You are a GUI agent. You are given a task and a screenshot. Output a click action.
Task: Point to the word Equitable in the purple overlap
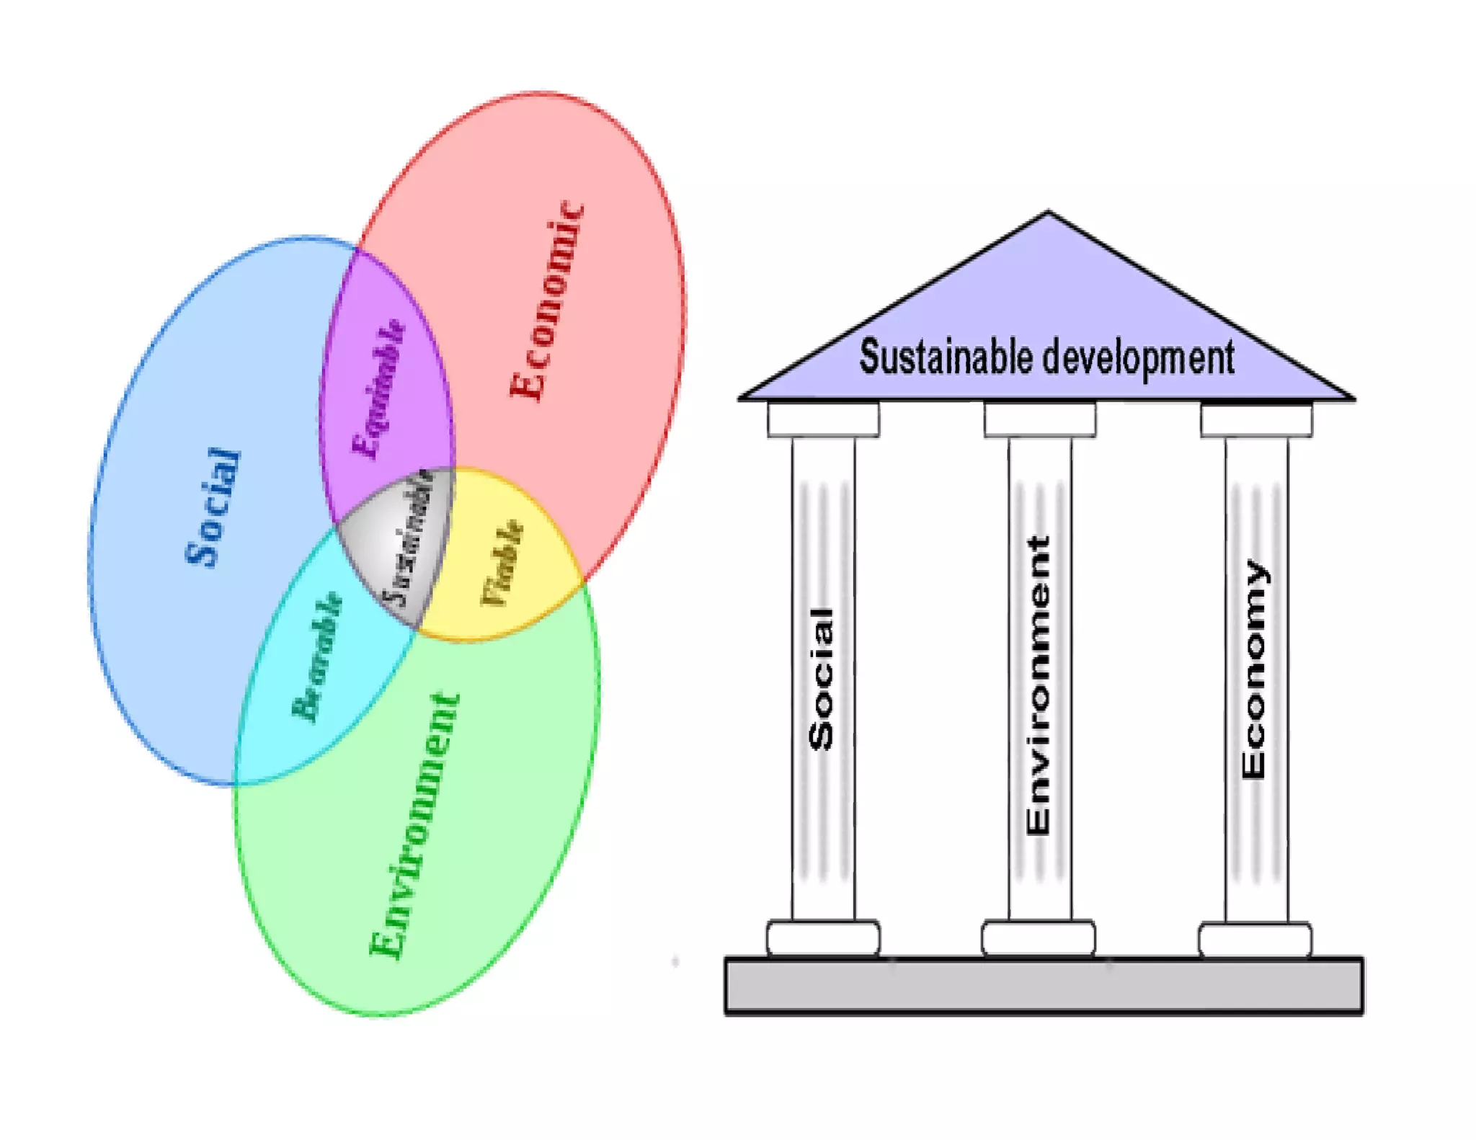(x=378, y=388)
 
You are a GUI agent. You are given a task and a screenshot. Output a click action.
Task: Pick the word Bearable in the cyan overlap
(x=316, y=656)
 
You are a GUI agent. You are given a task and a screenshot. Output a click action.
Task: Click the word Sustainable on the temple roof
(x=945, y=357)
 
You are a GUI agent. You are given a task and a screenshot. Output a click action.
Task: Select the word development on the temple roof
(x=1139, y=358)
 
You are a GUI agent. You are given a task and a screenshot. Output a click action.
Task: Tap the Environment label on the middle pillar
(x=1038, y=685)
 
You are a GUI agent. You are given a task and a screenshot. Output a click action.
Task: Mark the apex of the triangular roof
(x=1048, y=214)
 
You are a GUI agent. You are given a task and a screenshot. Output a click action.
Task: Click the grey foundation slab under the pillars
(x=1044, y=986)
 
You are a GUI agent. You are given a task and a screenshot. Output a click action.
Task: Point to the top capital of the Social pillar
(x=823, y=420)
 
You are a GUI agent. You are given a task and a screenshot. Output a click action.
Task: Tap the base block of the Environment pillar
(x=1038, y=938)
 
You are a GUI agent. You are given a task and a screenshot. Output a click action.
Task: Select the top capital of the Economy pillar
(x=1256, y=420)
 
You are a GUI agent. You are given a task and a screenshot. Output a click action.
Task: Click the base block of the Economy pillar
(x=1255, y=940)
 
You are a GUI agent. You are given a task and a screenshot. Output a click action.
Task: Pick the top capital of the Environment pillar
(x=1040, y=420)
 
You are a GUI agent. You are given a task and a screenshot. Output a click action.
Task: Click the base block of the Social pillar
(x=823, y=938)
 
